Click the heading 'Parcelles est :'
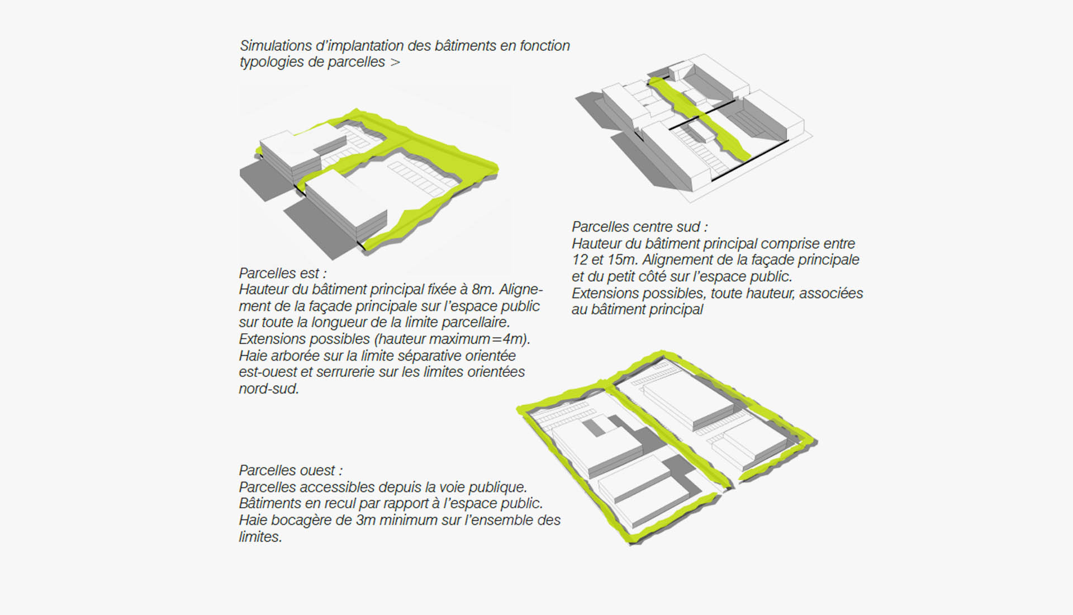[x=282, y=273]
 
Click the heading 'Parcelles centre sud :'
[x=639, y=227]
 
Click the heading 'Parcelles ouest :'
[x=291, y=470]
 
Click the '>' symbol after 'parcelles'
[x=395, y=63]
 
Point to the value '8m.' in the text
[x=483, y=290]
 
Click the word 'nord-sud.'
[x=269, y=389]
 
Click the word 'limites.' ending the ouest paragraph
[x=260, y=537]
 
